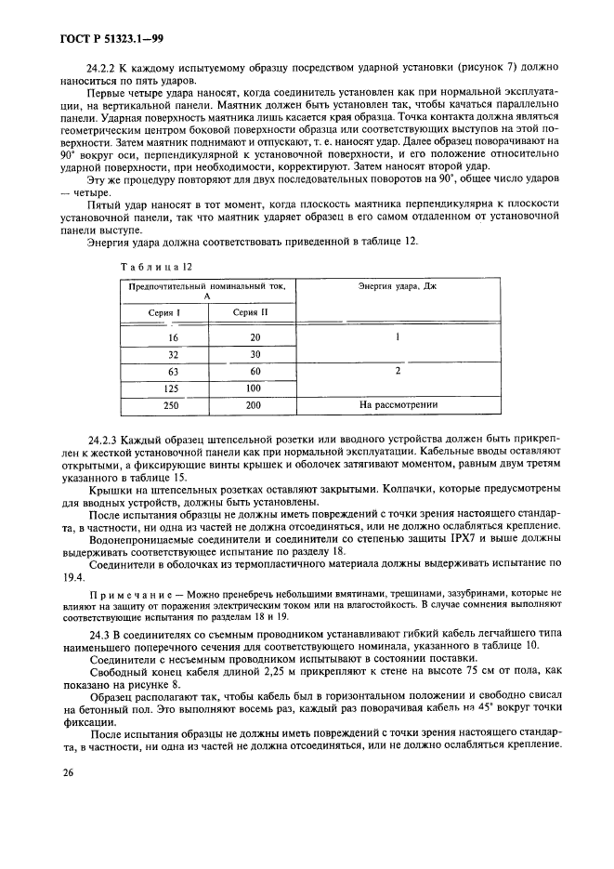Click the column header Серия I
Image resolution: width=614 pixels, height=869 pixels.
click(x=163, y=312)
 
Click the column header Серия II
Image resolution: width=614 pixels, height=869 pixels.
click(x=250, y=312)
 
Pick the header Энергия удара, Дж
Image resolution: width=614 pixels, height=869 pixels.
click(x=397, y=286)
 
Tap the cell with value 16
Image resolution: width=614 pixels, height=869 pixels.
click(x=173, y=337)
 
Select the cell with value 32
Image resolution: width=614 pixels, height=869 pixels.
click(x=173, y=354)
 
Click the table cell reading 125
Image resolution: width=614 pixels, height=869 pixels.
click(x=173, y=388)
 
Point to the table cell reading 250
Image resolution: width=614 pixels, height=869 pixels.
click(x=173, y=405)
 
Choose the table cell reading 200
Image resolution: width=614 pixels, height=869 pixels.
click(x=255, y=405)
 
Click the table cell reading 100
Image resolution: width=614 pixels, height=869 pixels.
click(x=255, y=388)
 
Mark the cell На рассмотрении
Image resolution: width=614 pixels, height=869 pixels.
click(x=397, y=405)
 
